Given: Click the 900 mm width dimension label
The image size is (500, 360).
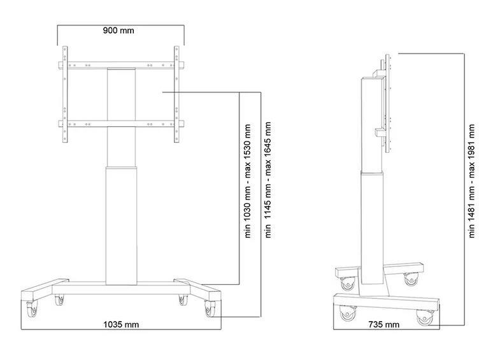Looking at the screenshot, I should [121, 30].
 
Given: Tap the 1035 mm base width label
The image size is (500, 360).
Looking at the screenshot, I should [121, 324].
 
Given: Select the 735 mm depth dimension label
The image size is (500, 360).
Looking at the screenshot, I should [384, 324].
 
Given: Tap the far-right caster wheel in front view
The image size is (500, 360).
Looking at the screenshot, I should [209, 310].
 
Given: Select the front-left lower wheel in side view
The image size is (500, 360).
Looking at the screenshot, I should [348, 313].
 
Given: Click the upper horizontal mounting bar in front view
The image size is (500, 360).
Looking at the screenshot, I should [121, 65].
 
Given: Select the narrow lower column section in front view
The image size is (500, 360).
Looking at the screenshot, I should [121, 223].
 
